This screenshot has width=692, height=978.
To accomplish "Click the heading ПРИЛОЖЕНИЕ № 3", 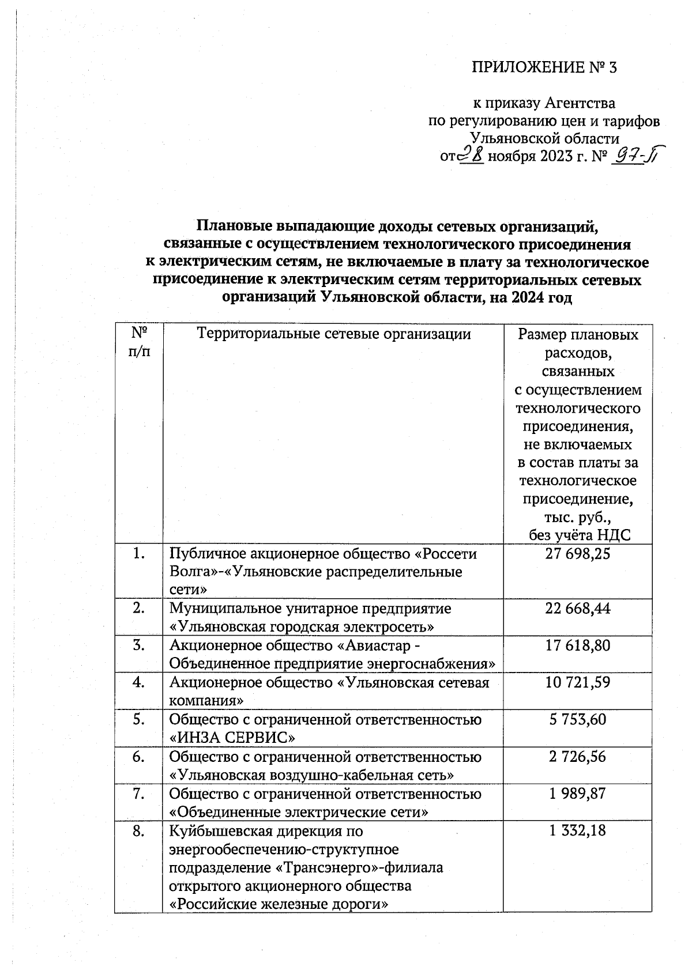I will (544, 68).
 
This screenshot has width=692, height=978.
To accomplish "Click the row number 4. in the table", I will (138, 683).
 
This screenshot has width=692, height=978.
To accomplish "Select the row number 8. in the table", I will (138, 831).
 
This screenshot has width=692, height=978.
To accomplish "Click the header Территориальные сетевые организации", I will (334, 334).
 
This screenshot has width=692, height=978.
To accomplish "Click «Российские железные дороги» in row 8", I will (277, 904).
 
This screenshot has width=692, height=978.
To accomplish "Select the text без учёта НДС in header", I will (580, 535).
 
